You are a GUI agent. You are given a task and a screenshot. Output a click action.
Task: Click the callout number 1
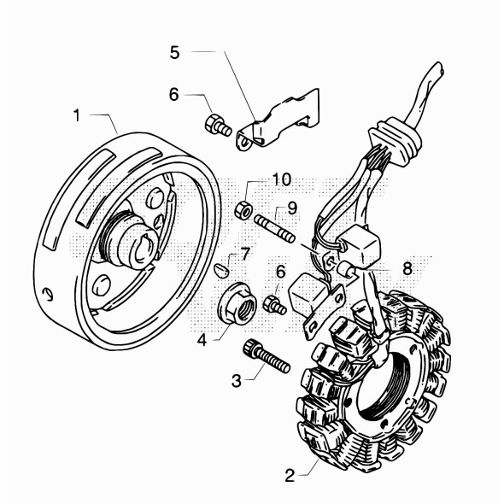pyautogui.click(x=77, y=115)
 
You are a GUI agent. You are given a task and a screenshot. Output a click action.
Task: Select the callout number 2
pyautogui.click(x=290, y=476)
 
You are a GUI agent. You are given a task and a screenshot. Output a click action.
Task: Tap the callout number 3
pyautogui.click(x=237, y=381)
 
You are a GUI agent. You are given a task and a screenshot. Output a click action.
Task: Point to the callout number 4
pyautogui.click(x=202, y=340)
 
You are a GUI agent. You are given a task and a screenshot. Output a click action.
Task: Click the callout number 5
pyautogui.click(x=174, y=52)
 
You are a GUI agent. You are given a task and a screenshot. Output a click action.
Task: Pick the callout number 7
pyautogui.click(x=245, y=255)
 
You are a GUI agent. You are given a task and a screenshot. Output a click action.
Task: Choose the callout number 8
pyautogui.click(x=407, y=268)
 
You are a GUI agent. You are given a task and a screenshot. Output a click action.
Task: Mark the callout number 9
pyautogui.click(x=292, y=209)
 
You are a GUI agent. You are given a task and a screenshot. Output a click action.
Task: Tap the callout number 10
pyautogui.click(x=282, y=180)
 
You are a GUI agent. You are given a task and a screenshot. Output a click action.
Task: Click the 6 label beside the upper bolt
pyautogui.click(x=174, y=95)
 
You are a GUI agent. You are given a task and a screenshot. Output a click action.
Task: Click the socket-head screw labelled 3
pyautogui.click(x=267, y=356)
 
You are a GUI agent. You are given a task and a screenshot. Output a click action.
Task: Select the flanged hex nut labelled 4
pyautogui.click(x=237, y=302)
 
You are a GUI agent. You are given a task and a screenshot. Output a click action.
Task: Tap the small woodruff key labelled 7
pyautogui.click(x=222, y=270)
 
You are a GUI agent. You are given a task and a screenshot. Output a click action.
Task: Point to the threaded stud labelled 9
pyautogui.click(x=274, y=229)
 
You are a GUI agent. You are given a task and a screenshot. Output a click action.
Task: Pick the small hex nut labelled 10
pyautogui.click(x=243, y=210)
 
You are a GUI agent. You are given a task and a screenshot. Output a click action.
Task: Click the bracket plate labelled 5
pyautogui.click(x=279, y=120)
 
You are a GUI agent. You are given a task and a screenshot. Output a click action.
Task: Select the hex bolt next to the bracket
pyautogui.click(x=218, y=126)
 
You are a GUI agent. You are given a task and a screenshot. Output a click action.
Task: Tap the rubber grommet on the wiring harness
pyautogui.click(x=395, y=140)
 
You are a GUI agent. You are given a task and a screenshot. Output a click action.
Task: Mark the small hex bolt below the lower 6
pyautogui.click(x=274, y=305)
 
